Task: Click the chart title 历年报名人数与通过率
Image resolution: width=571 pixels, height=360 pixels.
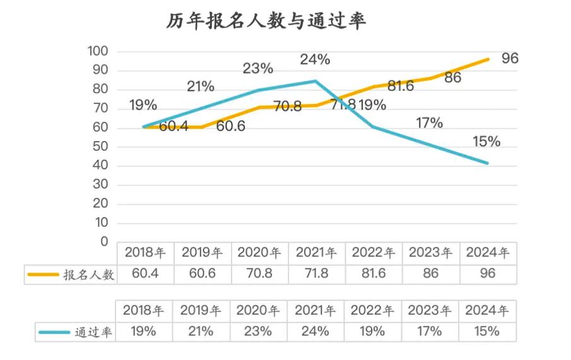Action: [266, 21]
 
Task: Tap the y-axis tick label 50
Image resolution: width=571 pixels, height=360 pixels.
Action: [100, 147]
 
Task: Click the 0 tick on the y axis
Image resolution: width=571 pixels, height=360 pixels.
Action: [104, 242]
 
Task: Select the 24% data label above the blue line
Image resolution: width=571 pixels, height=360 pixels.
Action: [314, 60]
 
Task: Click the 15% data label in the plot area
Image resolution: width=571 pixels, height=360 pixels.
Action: [485, 141]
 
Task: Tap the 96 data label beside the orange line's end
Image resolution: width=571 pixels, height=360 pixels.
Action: [510, 59]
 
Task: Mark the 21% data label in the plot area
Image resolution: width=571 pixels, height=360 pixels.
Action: [200, 86]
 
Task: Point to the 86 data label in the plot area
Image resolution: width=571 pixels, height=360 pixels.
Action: [452, 78]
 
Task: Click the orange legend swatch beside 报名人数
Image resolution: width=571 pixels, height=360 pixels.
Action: [42, 275]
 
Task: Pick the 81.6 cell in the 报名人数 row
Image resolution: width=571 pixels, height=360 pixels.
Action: [373, 274]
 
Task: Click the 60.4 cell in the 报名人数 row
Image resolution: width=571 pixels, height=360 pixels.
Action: [144, 274]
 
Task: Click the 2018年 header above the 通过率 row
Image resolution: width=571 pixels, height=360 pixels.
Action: [144, 310]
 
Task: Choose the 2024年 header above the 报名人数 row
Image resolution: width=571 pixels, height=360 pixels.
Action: [487, 253]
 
